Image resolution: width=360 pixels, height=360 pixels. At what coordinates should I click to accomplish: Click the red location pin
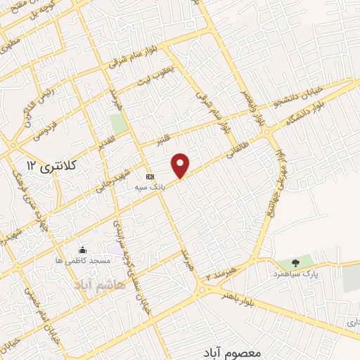(x=181, y=165)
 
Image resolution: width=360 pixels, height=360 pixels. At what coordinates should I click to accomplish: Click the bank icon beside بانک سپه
(x=150, y=176)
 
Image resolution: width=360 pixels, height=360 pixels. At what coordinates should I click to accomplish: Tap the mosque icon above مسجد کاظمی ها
(x=82, y=250)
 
